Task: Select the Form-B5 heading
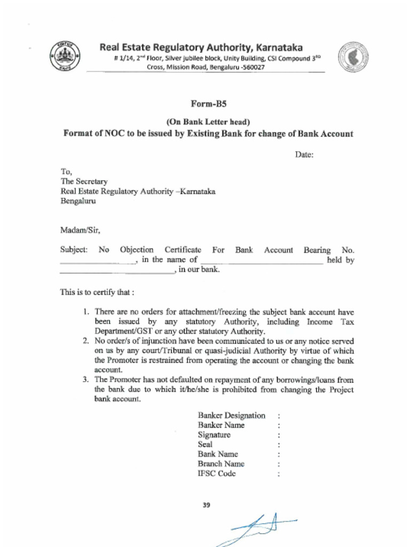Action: pyautogui.click(x=206, y=104)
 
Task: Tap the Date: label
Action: pyautogui.click(x=304, y=155)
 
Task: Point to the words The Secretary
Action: pyautogui.click(x=84, y=182)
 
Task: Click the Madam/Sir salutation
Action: pyautogui.click(x=80, y=231)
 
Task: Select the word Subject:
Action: pyautogui.click(x=74, y=250)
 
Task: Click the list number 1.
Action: pyautogui.click(x=85, y=311)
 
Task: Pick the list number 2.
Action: pyautogui.click(x=85, y=341)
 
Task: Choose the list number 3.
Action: pyautogui.click(x=85, y=380)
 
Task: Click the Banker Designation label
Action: pyautogui.click(x=231, y=415)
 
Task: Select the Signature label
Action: pyautogui.click(x=214, y=435)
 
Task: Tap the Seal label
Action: pyautogui.click(x=205, y=444)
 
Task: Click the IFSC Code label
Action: pyautogui.click(x=216, y=474)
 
